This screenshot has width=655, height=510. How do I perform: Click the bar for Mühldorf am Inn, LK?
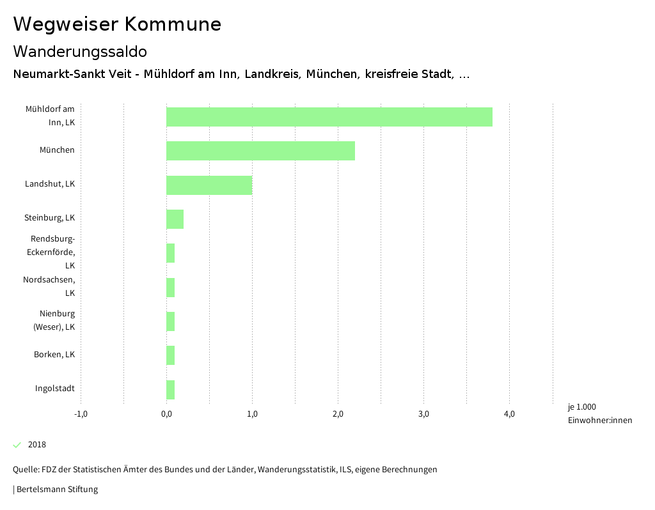(x=329, y=117)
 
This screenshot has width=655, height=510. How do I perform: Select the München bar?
(x=260, y=151)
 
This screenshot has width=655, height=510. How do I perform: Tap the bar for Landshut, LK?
(x=209, y=185)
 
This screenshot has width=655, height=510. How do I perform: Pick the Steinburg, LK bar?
(x=175, y=219)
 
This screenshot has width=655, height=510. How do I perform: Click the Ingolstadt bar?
(x=170, y=390)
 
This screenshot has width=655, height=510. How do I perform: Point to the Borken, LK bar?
(x=170, y=355)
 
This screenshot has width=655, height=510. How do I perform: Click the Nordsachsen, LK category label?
(x=49, y=286)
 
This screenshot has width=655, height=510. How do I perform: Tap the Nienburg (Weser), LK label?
(x=54, y=320)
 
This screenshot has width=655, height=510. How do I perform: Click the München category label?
(x=57, y=150)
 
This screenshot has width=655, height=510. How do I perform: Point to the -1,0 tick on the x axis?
(x=81, y=414)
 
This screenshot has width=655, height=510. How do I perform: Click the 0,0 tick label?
(x=166, y=414)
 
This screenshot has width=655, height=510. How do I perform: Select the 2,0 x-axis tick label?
(x=338, y=414)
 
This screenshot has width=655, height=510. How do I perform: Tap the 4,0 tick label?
(x=509, y=414)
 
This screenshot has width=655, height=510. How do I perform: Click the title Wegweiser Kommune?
(x=117, y=24)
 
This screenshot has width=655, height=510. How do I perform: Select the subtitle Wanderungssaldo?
(x=80, y=51)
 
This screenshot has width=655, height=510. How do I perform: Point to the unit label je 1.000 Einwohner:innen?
(x=599, y=413)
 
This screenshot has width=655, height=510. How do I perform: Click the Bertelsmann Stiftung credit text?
(x=56, y=490)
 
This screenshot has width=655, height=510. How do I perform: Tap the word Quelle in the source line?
(x=25, y=470)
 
